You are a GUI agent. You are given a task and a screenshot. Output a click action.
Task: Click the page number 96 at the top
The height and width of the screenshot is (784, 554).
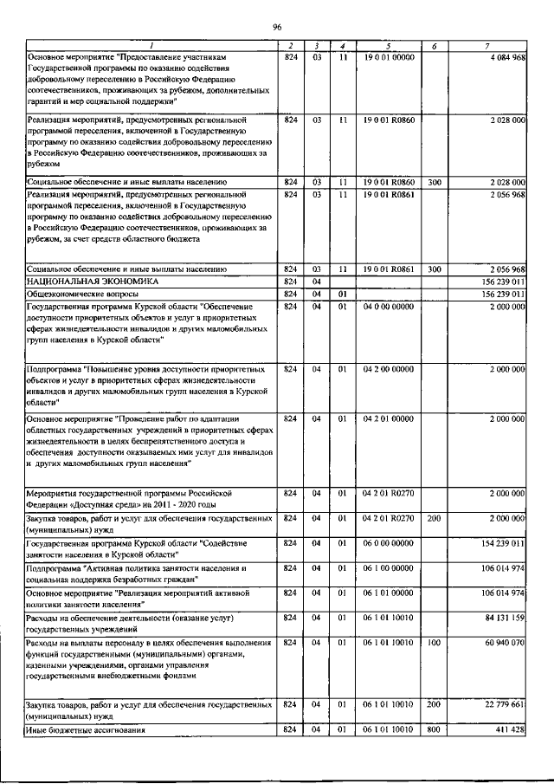[x=277, y=28]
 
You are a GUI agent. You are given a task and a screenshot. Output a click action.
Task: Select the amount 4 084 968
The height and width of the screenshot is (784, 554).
[x=503, y=57]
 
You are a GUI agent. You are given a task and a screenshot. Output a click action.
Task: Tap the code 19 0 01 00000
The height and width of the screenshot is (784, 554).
[x=389, y=57]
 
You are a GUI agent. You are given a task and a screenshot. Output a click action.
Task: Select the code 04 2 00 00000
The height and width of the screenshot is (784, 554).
[x=389, y=369]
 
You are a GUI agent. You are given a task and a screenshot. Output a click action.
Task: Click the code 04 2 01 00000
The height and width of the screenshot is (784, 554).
[x=389, y=418]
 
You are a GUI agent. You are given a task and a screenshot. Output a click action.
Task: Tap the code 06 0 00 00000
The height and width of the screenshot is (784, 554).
[x=389, y=543]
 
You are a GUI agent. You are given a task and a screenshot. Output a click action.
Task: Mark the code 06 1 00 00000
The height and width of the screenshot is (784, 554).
[x=389, y=567]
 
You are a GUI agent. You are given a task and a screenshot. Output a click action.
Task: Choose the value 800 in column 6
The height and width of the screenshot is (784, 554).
[x=434, y=731]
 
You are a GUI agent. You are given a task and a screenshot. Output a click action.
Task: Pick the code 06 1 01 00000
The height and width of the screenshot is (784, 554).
[x=389, y=593]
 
